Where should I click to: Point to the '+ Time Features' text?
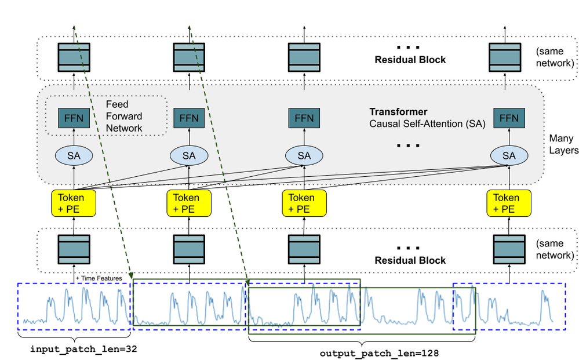point(99,279)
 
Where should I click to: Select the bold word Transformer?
point(398,111)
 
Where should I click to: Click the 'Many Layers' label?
point(563,144)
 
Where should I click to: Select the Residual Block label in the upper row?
point(410,60)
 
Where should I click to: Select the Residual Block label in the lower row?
point(410,260)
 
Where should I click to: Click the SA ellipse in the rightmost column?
point(508,155)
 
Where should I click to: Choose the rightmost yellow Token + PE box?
point(507,203)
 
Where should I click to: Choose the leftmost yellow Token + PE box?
point(71,203)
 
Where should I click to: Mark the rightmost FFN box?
point(508,118)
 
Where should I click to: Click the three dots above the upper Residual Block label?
point(408,47)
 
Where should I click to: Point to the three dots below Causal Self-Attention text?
point(408,146)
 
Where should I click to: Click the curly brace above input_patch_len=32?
point(74,337)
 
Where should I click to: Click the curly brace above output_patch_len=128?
point(362,341)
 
